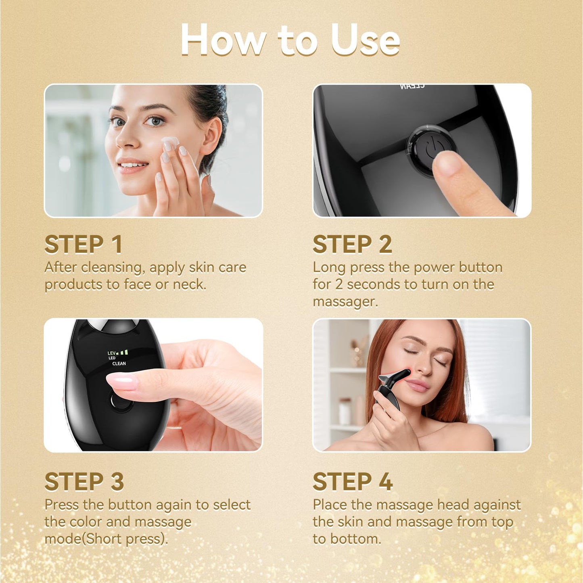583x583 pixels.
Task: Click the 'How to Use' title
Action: pyautogui.click(x=290, y=40)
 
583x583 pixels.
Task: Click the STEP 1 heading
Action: pyautogui.click(x=83, y=244)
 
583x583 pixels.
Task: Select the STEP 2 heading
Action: pyautogui.click(x=352, y=244)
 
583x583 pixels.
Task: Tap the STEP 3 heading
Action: pyautogui.click(x=84, y=482)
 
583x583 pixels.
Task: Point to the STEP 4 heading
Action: pyautogui.click(x=353, y=482)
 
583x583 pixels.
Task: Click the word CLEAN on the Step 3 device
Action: pyautogui.click(x=119, y=364)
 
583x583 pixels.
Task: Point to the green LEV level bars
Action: pyautogui.click(x=124, y=353)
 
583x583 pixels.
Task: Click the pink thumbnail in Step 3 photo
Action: pyautogui.click(x=121, y=381)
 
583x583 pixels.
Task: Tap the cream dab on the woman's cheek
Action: pyautogui.click(x=170, y=143)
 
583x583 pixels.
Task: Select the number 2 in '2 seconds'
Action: pyautogui.click(x=339, y=284)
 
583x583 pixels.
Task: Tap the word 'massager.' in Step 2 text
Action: pyautogui.click(x=345, y=302)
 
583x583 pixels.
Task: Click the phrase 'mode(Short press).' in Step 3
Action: pyautogui.click(x=106, y=539)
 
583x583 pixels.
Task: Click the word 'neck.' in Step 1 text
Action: pyautogui.click(x=189, y=285)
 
